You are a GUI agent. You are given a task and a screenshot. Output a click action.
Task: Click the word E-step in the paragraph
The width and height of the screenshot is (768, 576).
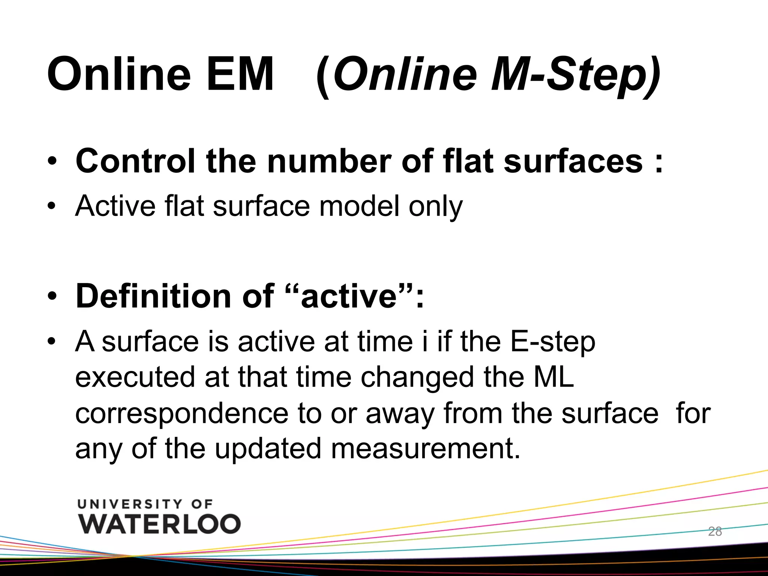coord(553,342)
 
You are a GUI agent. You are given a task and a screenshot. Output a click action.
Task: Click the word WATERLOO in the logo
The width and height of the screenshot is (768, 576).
coord(159,524)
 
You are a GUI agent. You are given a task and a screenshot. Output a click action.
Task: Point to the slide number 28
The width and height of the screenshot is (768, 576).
coord(715,531)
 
